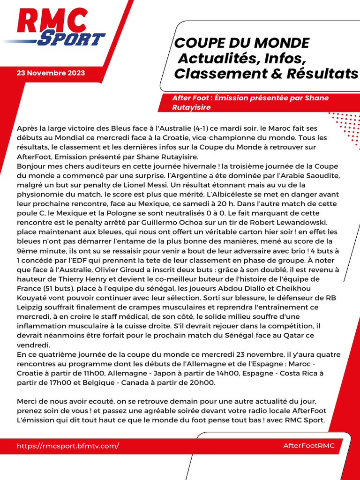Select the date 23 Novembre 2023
[x=51, y=73]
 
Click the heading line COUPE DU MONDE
[x=242, y=43]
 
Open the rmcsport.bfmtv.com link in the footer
[x=68, y=446]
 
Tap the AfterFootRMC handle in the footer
[x=309, y=446]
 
